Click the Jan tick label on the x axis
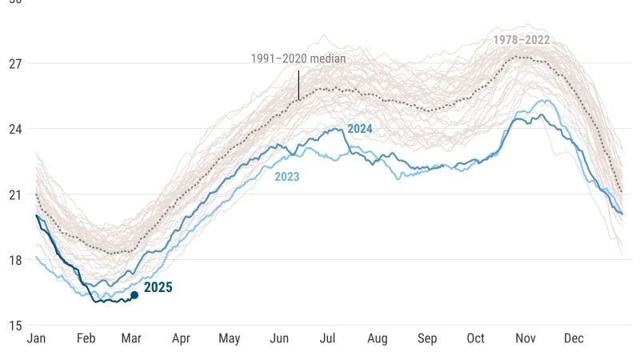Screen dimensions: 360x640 [36, 338]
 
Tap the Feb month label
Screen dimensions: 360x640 [86, 338]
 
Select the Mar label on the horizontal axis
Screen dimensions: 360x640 [131, 338]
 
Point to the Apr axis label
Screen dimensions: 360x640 [181, 338]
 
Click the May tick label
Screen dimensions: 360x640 [230, 338]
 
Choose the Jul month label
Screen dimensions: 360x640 [328, 338]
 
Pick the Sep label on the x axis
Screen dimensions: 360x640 [427, 338]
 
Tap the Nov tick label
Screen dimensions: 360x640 [526, 338]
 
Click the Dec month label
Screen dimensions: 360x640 [574, 338]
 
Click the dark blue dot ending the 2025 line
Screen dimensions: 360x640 [134, 295]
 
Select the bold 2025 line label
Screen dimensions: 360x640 [158, 288]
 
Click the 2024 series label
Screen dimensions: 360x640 [360, 129]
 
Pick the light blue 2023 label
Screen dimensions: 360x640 [286, 177]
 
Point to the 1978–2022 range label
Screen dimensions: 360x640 [521, 39]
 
